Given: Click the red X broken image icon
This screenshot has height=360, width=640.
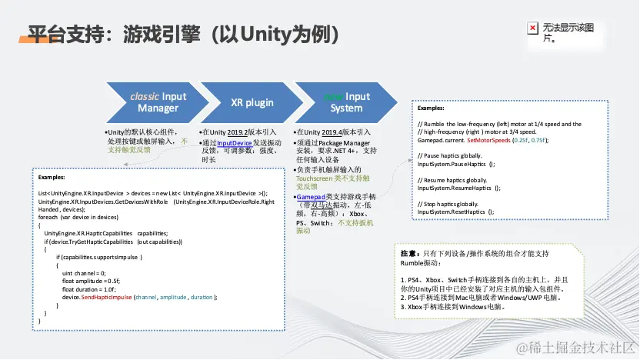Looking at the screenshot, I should (x=532, y=29).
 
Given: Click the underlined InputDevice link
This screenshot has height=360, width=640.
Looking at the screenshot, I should (x=235, y=143).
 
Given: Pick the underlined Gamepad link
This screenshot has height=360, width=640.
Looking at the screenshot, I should (x=312, y=197).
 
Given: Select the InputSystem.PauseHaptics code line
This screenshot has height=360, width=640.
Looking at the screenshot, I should (x=456, y=165).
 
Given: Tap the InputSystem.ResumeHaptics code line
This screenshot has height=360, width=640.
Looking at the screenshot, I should (x=459, y=188).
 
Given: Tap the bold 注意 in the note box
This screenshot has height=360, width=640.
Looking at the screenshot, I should (x=408, y=253).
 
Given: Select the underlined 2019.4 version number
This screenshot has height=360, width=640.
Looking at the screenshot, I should (x=328, y=132).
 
